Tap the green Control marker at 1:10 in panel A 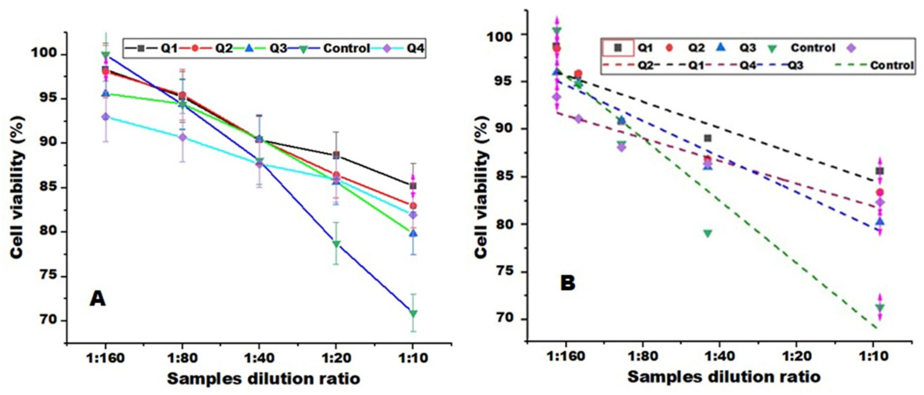[x=413, y=314]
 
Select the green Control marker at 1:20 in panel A [x=336, y=244]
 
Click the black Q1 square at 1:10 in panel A [x=413, y=186]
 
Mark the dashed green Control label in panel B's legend [x=891, y=66]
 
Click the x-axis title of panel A [x=264, y=379]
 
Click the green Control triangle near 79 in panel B [x=707, y=233]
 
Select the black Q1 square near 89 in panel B [x=707, y=138]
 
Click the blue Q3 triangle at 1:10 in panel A [x=413, y=234]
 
